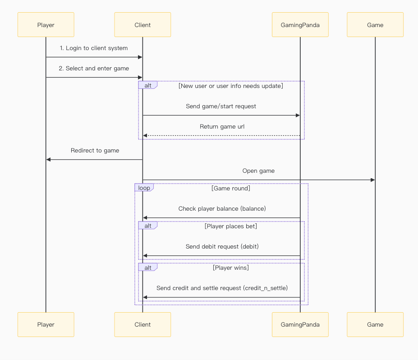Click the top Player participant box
(46, 25)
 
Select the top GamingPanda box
(300, 25)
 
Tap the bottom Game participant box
(375, 324)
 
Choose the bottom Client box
(142, 324)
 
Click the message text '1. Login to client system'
(94, 48)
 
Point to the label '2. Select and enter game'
(94, 69)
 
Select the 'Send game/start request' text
(221, 106)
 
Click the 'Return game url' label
(222, 127)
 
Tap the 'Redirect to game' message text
(95, 151)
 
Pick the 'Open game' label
(258, 171)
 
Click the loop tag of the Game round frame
(144, 188)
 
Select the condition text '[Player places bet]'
(231, 226)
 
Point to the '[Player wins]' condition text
(231, 268)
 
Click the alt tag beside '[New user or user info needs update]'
(147, 85)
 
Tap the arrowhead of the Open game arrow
(372, 180)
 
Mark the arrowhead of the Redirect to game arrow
(49, 160)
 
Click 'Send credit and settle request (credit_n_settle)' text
(222, 288)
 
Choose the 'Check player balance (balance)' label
(222, 209)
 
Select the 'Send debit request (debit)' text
(222, 247)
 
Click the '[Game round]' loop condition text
(231, 189)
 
